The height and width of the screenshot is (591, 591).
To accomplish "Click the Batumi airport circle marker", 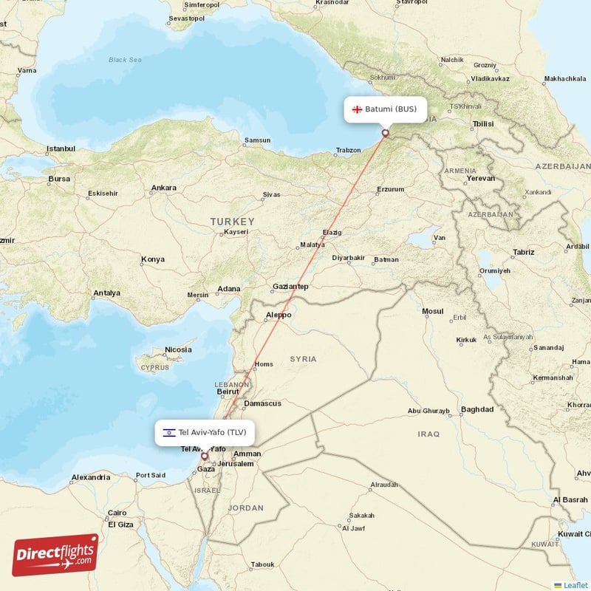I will click(385, 134).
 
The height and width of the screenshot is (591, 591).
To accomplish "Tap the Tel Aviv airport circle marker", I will click(205, 457).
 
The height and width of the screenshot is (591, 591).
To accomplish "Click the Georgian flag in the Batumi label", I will click(356, 109).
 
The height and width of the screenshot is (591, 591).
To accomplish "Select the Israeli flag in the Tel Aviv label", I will click(169, 432).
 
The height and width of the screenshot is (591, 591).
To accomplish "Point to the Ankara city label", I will click(163, 188).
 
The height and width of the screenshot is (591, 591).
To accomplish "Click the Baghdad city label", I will click(476, 409).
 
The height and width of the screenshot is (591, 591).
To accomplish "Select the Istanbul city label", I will click(61, 148).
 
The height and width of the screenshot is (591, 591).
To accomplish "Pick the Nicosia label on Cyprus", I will click(178, 349).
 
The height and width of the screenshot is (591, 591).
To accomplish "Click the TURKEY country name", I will click(232, 222).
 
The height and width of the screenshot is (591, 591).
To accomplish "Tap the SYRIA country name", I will click(303, 359).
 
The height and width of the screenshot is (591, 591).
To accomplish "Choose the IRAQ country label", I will click(428, 434).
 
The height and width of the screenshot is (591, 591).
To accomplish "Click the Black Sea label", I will click(124, 60).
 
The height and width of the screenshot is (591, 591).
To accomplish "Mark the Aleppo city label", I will click(279, 315).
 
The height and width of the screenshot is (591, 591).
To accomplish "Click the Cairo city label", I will click(117, 513).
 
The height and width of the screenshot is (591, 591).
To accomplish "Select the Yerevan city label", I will click(480, 178).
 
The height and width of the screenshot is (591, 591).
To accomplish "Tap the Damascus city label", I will click(263, 403).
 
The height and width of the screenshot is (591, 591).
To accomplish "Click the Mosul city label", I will click(432, 311).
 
